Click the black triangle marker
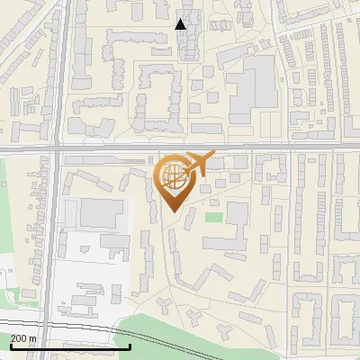point(181,24)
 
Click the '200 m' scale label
point(23,338)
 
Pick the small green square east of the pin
point(212,216)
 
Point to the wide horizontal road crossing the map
point(270,145)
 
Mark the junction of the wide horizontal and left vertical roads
point(58,145)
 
